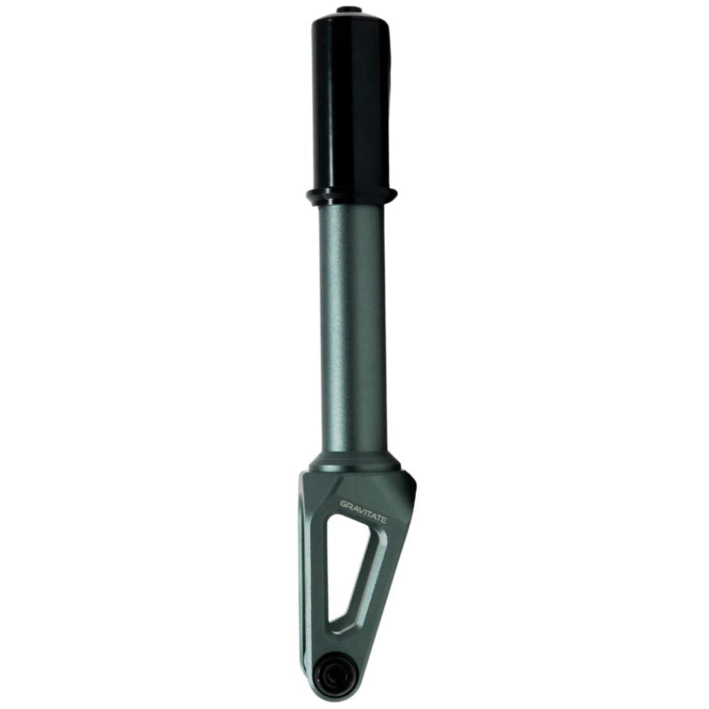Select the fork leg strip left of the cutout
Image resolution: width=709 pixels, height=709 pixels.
318,567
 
